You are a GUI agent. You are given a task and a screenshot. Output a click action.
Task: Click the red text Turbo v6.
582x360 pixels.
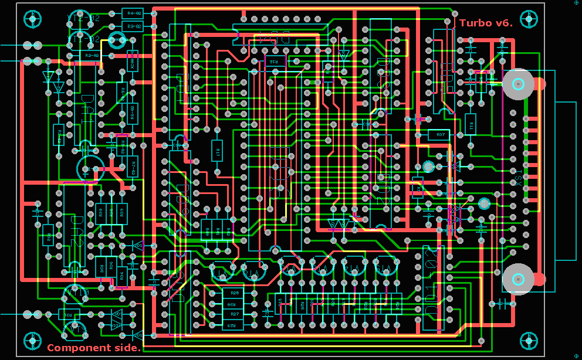coord(486,23)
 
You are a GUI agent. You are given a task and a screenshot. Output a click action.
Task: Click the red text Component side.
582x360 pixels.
coord(94,348)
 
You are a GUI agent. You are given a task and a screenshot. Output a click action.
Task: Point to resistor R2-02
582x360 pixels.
coord(92,55)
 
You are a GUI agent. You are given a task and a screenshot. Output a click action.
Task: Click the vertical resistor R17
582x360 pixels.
coord(217,151)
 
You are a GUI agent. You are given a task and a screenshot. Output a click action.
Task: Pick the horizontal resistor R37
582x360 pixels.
coord(441,135)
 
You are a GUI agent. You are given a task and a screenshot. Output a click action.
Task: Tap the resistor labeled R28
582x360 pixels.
coord(234,293)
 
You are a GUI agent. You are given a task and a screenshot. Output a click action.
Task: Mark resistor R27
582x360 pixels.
coord(234,315)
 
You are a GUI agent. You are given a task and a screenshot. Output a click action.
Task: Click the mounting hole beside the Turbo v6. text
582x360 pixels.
coord(529,19)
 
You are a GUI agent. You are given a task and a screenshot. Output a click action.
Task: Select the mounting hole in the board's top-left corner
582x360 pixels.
coord(31,19)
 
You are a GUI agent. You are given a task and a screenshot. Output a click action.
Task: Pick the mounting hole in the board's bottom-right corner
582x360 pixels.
coord(529,340)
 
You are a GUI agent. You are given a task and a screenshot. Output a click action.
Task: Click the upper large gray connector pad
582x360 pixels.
coord(519,84)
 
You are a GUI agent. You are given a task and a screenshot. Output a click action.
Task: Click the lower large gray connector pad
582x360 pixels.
coord(519,279)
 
